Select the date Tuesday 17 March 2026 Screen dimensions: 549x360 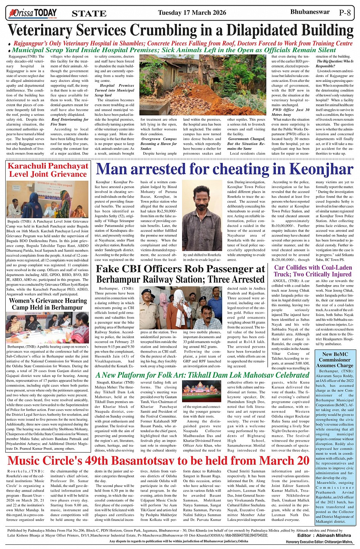[x=192, y=13]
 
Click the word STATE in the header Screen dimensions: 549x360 [x=89, y=14]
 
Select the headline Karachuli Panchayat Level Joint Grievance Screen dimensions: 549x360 [x=48, y=170]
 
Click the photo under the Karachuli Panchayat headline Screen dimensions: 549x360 [x=48, y=199]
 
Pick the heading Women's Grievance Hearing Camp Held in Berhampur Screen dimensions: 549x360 [x=48, y=304]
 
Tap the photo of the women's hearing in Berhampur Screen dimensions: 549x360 [x=48, y=328]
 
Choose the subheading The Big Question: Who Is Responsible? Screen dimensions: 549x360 [x=335, y=64]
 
